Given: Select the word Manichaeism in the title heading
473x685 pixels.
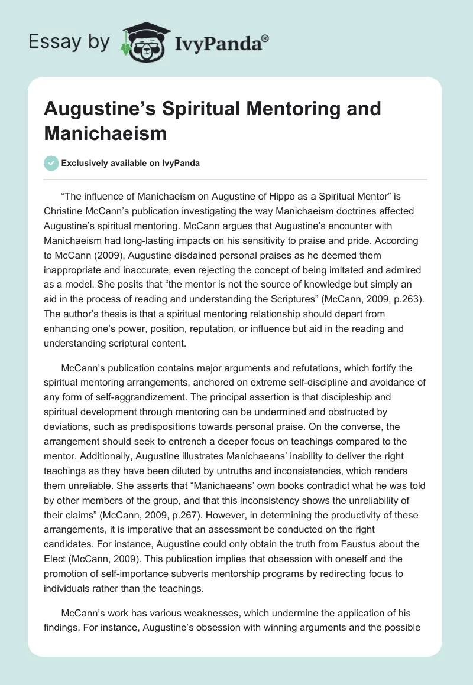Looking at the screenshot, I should [106, 133].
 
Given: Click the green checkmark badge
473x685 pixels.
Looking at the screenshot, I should [51, 163].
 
